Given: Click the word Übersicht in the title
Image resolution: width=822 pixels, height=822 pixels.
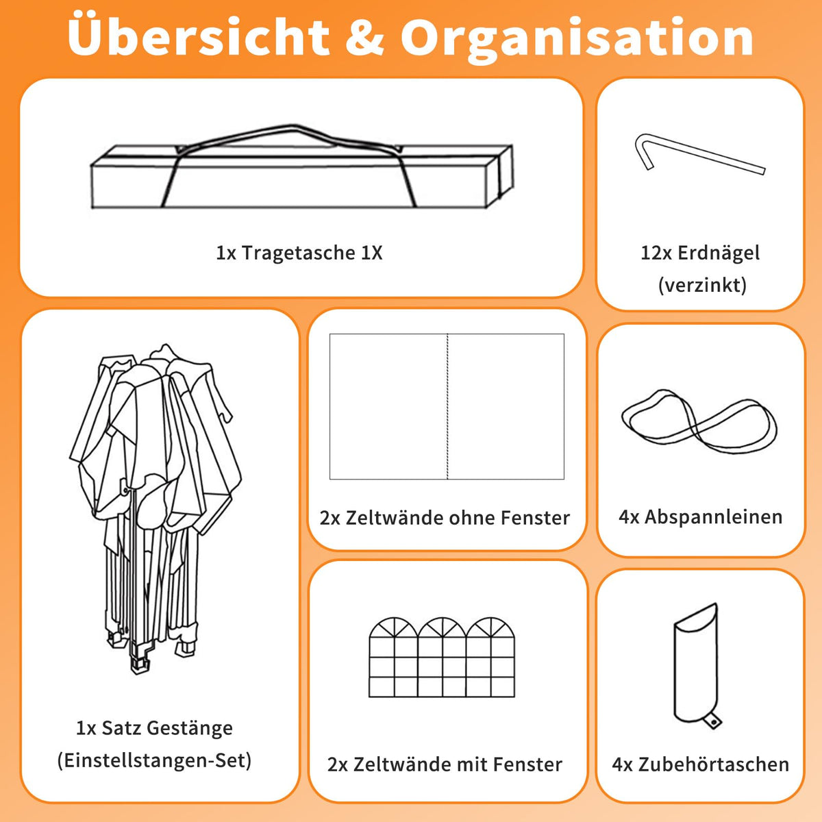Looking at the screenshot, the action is point(199,37).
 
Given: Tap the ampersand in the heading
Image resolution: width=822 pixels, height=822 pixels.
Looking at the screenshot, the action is point(364,38).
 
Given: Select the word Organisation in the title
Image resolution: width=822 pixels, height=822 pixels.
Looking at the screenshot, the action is point(577,40).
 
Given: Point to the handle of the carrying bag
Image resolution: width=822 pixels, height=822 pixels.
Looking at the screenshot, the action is point(290,127).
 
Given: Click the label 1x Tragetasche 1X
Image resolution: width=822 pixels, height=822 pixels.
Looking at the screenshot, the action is point(299,253).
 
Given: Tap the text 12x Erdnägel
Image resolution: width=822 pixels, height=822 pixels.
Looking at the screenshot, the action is point(700,253).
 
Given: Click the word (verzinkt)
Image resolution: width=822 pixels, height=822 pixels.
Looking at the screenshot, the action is point(702,285).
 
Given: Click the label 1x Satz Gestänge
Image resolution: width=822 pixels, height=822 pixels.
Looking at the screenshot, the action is point(154,727).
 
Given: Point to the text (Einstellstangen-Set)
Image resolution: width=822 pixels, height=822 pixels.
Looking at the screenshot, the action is point(154,760).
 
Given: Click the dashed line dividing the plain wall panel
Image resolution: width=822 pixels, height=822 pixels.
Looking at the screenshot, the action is point(447,406).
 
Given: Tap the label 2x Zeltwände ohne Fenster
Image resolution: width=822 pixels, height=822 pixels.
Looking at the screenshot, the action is point(445,518).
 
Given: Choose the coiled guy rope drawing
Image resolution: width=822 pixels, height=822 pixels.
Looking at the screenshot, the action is point(699,421).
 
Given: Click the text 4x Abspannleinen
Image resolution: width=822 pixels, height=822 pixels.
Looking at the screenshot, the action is point(701,517).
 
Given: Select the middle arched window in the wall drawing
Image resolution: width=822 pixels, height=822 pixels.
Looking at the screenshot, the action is point(443,657).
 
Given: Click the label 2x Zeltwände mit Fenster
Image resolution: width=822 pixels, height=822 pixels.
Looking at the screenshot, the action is point(445,764).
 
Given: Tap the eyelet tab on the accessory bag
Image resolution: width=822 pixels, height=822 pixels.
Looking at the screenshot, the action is point(712,722).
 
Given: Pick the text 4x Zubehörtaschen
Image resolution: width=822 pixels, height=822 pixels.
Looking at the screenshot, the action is point(701,764).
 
